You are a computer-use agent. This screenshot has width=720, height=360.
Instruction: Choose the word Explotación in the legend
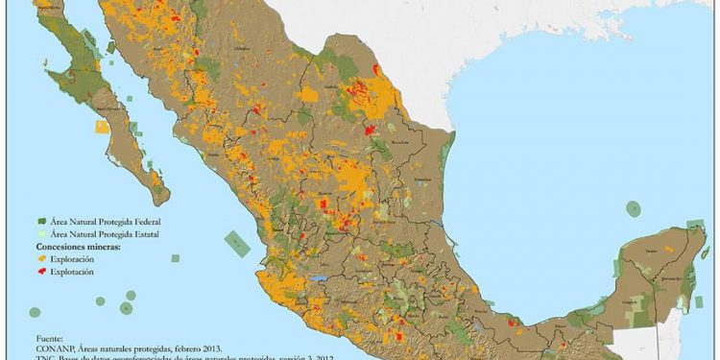click(x=72, y=273)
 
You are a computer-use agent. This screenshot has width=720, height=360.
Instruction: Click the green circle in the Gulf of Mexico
click(x=633, y=207)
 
